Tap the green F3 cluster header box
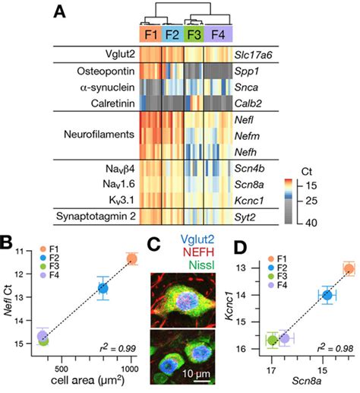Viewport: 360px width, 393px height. (x=194, y=34)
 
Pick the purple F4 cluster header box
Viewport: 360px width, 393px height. (x=219, y=34)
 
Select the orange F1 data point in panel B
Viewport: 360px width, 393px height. (x=131, y=259)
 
